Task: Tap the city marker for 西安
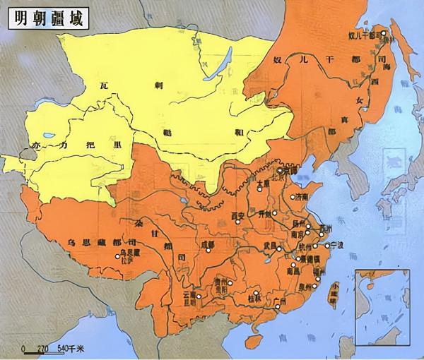[x=239, y=222]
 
